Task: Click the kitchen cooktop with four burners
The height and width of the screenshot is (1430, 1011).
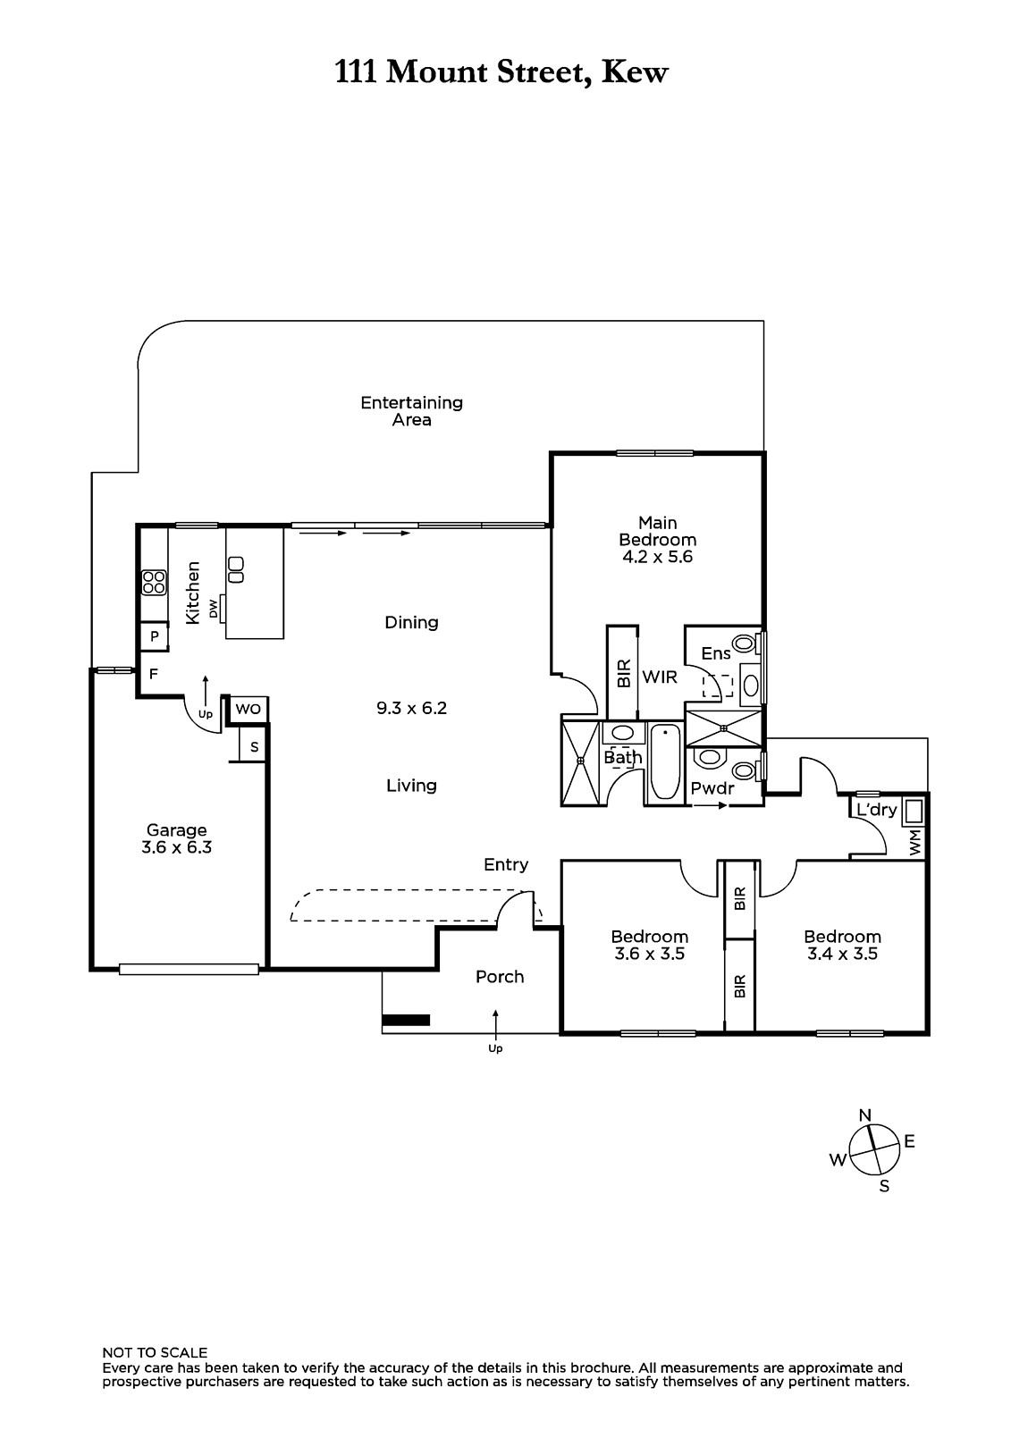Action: tap(154, 582)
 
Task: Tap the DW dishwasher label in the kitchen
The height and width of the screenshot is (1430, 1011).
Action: tap(214, 609)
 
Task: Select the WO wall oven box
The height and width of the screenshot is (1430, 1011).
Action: tap(248, 710)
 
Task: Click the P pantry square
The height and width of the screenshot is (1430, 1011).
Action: tap(154, 636)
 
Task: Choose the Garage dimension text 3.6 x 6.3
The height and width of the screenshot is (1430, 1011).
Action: tap(176, 848)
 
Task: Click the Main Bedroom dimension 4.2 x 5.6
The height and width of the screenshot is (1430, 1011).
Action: tap(657, 557)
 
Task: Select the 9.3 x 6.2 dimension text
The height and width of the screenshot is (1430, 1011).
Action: tap(411, 708)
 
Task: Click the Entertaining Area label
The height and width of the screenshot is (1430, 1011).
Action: tap(411, 411)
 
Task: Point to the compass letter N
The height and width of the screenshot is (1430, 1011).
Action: tap(864, 1115)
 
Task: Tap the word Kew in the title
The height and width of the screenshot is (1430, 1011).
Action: tap(635, 72)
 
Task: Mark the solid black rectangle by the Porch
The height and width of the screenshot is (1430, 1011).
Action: tap(406, 1020)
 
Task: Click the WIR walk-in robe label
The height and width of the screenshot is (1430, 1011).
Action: tap(659, 677)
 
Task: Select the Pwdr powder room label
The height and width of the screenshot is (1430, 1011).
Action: tap(712, 788)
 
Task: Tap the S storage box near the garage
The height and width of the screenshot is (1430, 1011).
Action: tap(254, 747)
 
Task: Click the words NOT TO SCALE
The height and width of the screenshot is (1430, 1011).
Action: tap(155, 1353)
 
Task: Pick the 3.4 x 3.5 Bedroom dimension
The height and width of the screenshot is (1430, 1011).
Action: tap(842, 955)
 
